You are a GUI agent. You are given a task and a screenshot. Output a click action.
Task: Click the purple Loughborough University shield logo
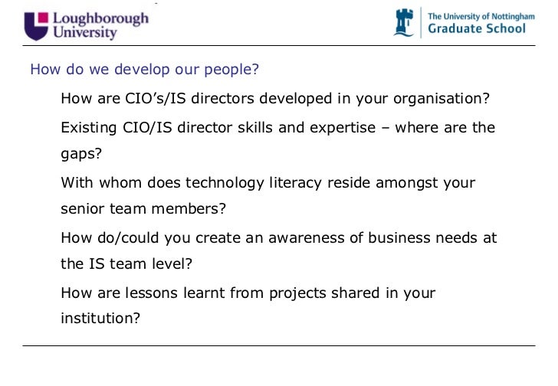35,25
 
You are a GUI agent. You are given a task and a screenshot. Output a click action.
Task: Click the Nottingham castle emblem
404,23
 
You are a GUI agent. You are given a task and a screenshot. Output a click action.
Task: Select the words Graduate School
476,28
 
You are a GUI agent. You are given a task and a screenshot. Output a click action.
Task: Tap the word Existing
89,127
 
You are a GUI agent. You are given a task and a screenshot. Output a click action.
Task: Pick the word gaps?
81,154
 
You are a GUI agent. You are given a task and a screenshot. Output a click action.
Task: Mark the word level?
175,264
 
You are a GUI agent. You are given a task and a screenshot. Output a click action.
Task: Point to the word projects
294,293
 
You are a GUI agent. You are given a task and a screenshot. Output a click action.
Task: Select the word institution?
100,319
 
